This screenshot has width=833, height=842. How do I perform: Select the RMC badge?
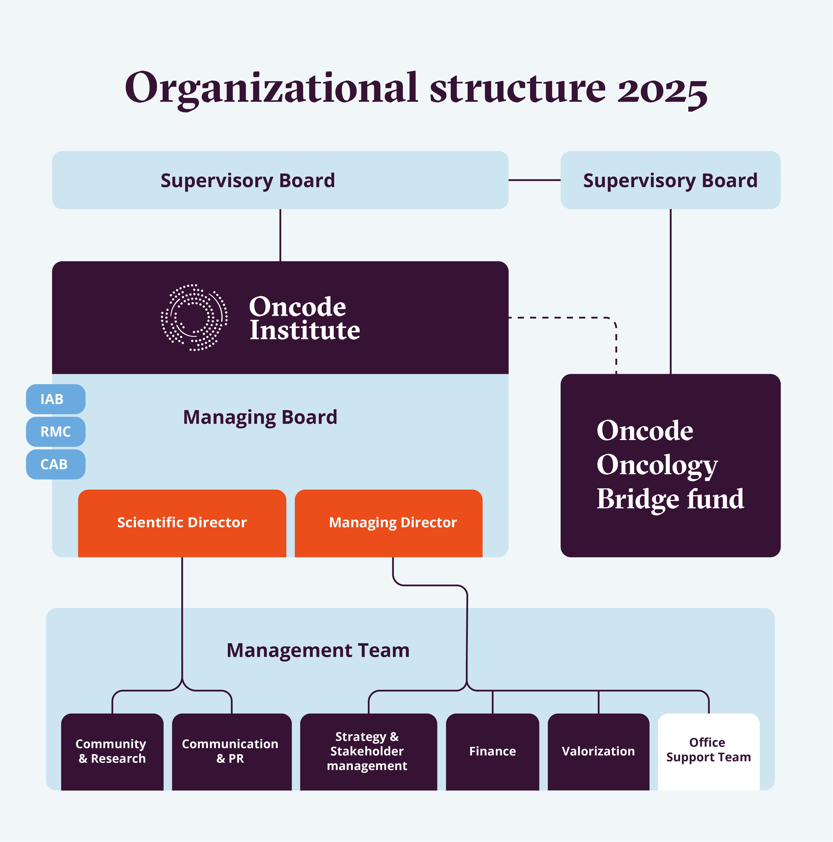tap(55, 432)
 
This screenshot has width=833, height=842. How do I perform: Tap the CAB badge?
tap(55, 464)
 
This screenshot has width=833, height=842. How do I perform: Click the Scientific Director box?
tap(182, 522)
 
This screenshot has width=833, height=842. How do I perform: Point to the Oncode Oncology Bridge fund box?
tap(670, 465)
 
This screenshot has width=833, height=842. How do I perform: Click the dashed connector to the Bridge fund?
tap(567, 318)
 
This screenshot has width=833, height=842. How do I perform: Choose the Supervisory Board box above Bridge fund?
tap(670, 180)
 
